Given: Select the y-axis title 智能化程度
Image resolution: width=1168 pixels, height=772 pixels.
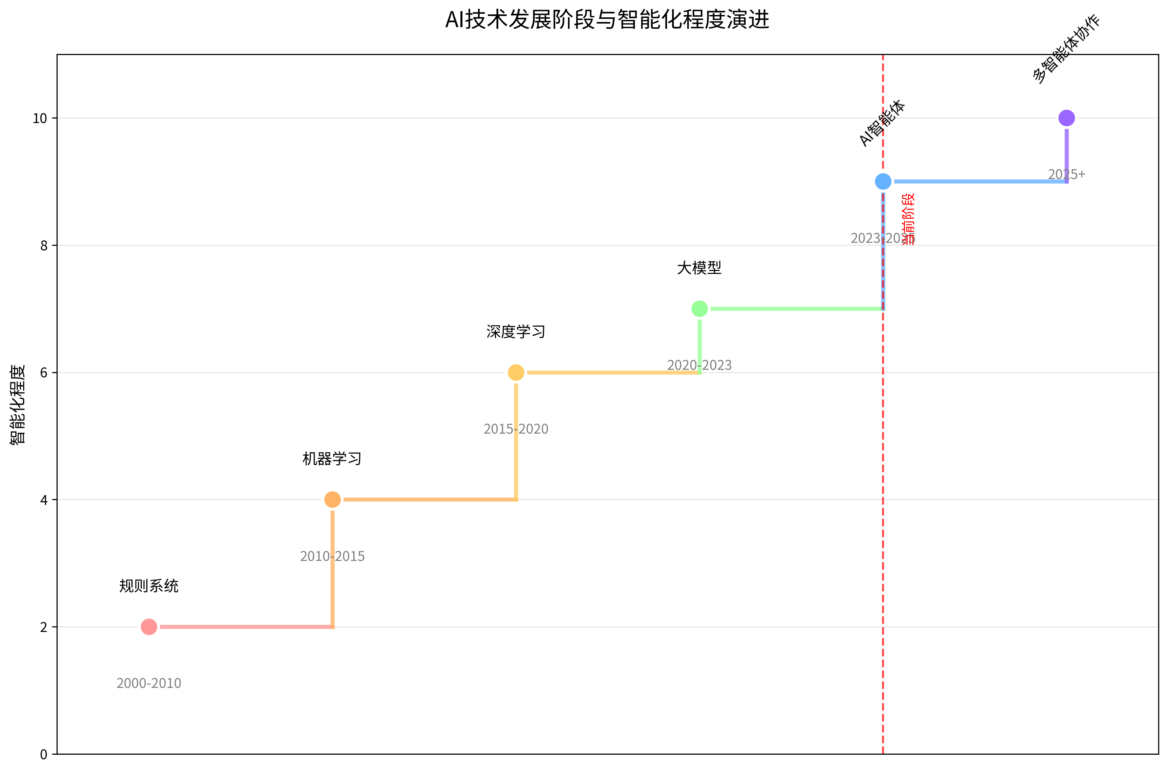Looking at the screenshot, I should (18, 405).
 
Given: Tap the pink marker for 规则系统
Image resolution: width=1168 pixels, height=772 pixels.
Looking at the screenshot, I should (149, 627).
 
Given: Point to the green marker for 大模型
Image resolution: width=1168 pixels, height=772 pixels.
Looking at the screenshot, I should (699, 309).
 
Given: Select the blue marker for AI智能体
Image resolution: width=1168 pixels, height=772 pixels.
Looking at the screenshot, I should (883, 182).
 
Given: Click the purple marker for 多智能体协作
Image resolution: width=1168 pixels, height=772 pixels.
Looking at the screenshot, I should (1067, 118).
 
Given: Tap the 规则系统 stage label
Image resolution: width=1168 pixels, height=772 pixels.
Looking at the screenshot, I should (149, 586).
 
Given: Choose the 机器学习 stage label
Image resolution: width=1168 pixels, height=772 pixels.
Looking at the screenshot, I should (332, 459).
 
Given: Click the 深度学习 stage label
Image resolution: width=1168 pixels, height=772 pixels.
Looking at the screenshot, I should (516, 332).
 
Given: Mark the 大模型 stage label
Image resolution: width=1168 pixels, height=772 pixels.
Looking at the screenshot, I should (699, 268).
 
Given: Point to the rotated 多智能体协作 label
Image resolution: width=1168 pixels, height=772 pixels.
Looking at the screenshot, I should (1066, 49).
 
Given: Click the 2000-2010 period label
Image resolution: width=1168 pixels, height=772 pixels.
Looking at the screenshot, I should (149, 683).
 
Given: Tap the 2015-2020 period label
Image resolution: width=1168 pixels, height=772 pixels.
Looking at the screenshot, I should (516, 429).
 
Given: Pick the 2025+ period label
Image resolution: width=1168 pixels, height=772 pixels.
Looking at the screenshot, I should (1067, 174).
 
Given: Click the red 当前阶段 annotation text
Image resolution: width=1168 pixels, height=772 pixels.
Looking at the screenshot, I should (908, 219).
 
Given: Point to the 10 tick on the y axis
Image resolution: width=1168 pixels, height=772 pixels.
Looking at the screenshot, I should (40, 118).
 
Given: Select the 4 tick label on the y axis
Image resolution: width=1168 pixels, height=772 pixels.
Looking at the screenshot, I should (44, 500).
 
